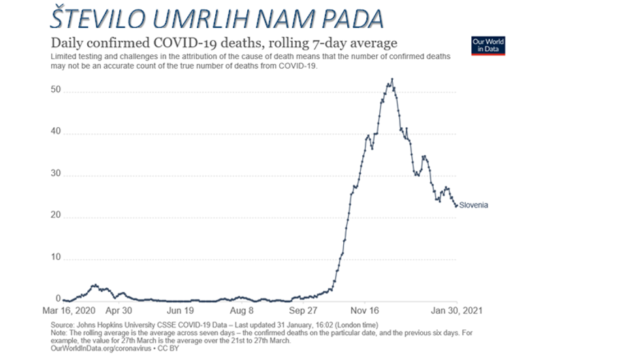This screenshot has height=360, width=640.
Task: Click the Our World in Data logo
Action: (x=488, y=46)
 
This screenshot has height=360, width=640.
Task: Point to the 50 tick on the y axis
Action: (x=56, y=91)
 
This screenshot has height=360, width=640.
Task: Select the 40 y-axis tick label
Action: (x=56, y=133)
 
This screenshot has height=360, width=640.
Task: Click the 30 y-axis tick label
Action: (x=56, y=174)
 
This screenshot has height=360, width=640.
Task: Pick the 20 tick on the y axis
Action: (x=56, y=216)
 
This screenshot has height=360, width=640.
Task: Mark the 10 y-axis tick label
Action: (x=56, y=257)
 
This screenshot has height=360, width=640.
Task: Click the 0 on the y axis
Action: (x=59, y=299)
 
